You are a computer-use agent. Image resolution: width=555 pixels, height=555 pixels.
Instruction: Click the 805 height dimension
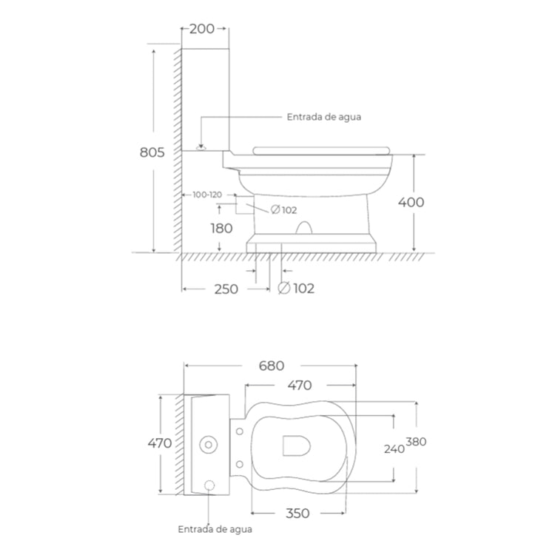click(x=152, y=152)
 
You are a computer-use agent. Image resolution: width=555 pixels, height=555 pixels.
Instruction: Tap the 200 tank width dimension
click(x=202, y=29)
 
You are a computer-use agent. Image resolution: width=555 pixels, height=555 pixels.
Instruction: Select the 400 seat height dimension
click(x=411, y=203)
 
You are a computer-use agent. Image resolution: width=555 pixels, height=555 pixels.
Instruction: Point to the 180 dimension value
click(x=221, y=229)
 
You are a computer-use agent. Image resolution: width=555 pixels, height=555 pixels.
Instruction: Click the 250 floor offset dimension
click(x=226, y=289)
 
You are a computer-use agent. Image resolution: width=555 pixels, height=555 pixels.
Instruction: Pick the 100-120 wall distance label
click(x=207, y=195)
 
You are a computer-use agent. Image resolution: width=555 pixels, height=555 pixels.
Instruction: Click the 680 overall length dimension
click(x=272, y=366)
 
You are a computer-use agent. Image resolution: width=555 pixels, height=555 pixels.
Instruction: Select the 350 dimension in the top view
click(x=297, y=514)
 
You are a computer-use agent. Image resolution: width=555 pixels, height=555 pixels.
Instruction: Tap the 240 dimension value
click(x=394, y=449)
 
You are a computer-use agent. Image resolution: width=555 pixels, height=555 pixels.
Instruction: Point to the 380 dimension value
click(x=416, y=442)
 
